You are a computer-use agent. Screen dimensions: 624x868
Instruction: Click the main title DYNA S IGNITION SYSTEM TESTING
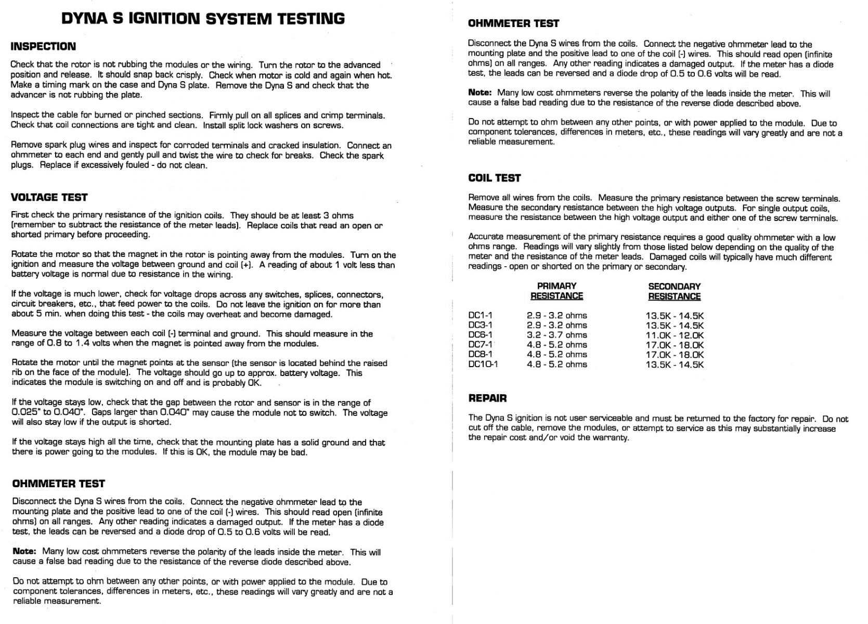[203, 19]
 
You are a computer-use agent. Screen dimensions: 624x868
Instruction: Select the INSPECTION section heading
[43, 46]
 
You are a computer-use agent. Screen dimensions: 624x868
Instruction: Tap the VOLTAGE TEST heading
[49, 197]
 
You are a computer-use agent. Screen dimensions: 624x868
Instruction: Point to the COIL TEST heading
[494, 178]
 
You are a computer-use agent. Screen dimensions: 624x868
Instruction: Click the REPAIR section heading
[487, 398]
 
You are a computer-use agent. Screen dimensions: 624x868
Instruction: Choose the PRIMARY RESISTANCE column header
[556, 291]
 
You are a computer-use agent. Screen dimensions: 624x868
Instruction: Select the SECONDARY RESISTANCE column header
[674, 291]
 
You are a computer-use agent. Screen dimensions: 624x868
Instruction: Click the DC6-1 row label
[480, 335]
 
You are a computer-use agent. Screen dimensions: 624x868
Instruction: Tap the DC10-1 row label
[483, 364]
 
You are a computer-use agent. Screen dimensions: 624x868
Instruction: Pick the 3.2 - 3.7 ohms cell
[556, 335]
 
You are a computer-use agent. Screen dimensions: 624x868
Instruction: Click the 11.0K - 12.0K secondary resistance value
[675, 335]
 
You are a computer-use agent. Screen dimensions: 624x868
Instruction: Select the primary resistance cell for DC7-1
[556, 345]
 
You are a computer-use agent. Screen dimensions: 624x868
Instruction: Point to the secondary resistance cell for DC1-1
[675, 316]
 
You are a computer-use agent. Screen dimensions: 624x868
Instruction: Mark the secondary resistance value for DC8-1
[675, 355]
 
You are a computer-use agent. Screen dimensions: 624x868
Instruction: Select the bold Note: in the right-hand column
[480, 93]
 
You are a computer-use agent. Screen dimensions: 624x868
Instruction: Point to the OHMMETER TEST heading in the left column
[58, 484]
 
